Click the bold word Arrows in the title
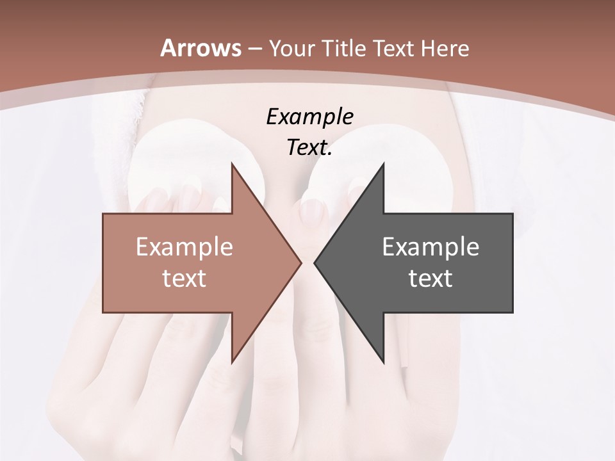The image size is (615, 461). coord(201,48)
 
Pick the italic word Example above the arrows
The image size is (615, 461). coord(309,117)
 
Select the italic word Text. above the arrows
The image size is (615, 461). coord(309,148)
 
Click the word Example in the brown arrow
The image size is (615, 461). coord(184,247)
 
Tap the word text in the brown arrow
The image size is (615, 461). coord(184,279)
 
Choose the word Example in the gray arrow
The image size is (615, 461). coord(430,247)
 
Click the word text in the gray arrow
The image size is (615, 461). coord(430,279)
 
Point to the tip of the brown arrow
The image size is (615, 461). coord(301,263)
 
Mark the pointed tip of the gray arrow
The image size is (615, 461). coord(315,263)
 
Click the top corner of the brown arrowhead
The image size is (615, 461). coord(232,164)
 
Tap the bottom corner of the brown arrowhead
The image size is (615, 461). coord(232,362)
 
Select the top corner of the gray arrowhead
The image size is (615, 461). coord(383,164)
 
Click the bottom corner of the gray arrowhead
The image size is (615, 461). coord(383,362)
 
